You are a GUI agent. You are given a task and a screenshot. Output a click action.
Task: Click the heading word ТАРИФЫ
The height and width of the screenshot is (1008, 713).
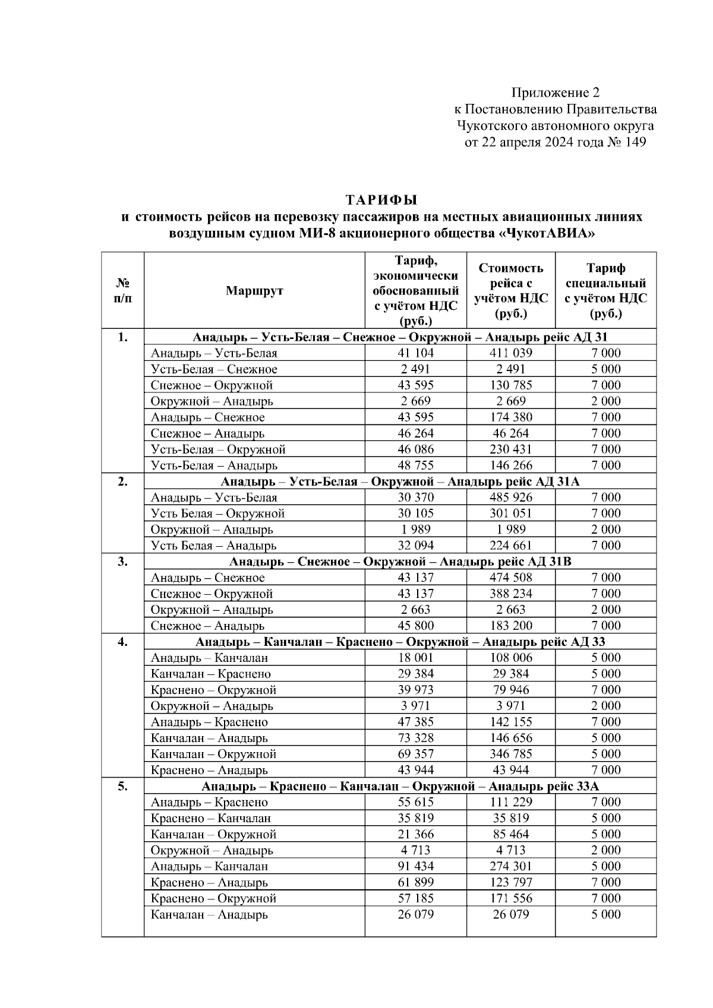[382, 199]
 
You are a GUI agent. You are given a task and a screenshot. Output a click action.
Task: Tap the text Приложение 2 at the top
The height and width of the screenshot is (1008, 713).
[555, 93]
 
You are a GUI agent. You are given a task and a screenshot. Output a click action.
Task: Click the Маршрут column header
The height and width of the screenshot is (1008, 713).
[254, 291]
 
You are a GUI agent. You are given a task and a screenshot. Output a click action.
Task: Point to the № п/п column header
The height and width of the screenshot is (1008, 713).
[122, 291]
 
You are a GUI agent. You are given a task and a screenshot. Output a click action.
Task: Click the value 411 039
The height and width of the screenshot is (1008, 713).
[510, 353]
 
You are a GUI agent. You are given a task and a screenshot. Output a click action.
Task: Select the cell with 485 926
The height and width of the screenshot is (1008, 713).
[510, 497]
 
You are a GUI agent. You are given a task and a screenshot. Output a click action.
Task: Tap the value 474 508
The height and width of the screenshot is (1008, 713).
[510, 578]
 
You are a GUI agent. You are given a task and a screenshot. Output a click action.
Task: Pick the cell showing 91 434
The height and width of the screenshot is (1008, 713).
[415, 866]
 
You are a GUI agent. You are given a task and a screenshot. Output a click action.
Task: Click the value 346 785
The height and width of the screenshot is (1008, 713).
[510, 754]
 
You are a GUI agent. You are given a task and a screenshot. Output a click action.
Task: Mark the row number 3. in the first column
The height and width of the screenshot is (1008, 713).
[122, 562]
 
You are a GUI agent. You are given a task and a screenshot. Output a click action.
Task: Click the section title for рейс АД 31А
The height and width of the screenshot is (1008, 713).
[400, 481]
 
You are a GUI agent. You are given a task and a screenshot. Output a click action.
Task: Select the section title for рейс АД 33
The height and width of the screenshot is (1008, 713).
[400, 642]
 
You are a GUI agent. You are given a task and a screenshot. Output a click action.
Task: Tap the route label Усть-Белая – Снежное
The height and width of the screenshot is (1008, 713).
[214, 369]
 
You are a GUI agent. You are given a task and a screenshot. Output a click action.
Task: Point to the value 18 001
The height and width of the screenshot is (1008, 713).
[415, 658]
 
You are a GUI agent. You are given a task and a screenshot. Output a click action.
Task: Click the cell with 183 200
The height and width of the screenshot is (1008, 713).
[510, 626]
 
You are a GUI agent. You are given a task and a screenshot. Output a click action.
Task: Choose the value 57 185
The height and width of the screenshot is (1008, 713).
[415, 898]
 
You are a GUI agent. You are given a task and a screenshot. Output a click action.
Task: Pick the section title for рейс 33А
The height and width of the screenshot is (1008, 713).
[400, 787]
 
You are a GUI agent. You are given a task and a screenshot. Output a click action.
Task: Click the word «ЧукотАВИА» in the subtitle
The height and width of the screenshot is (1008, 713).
[546, 233]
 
